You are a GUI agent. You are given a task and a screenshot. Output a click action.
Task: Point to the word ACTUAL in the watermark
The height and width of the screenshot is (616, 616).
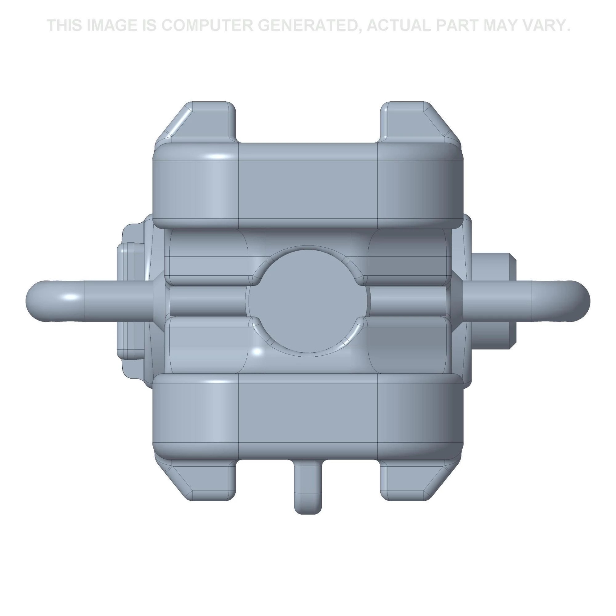(x=399, y=26)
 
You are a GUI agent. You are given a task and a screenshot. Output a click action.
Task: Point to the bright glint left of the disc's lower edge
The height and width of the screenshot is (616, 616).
(x=257, y=352)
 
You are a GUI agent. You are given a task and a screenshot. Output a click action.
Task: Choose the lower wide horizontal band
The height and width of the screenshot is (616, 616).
(x=308, y=415)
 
